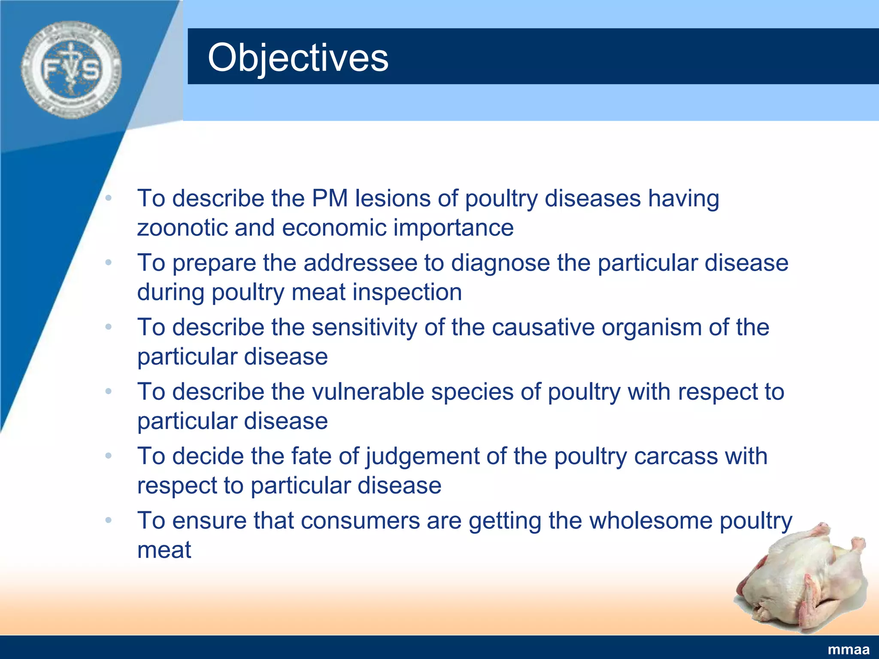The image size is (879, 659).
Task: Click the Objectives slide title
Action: coord(298,57)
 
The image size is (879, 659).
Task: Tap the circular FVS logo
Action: coord(71,70)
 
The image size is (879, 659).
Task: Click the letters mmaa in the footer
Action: coord(848,650)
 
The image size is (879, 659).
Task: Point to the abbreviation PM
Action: coord(330,198)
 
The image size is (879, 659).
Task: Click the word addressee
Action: coord(361,263)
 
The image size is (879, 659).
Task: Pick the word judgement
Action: coord(422,456)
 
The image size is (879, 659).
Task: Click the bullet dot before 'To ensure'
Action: coord(109,520)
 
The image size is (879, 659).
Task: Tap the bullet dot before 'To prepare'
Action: coord(109,263)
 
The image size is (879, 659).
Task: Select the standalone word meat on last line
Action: coord(164,550)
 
